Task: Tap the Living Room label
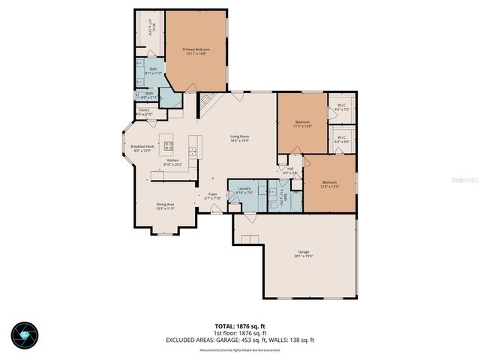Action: click(239, 136)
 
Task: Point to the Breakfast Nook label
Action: click(142, 146)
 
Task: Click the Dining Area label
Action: click(165, 204)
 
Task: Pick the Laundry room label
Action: click(244, 188)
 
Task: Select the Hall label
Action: click(290, 169)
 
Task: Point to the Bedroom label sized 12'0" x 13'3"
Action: click(330, 182)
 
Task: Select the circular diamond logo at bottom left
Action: click(28, 333)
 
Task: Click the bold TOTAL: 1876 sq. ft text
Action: click(240, 326)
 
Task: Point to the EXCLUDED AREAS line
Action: click(240, 340)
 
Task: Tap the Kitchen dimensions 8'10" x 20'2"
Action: click(172, 164)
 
